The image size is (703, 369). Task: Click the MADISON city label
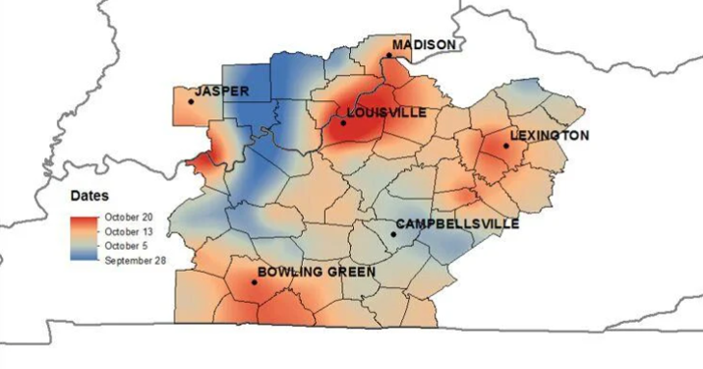pyautogui.click(x=424, y=45)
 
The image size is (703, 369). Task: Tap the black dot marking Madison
pyautogui.click(x=388, y=56)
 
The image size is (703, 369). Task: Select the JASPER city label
pyautogui.click(x=221, y=92)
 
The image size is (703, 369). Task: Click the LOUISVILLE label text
pyautogui.click(x=386, y=113)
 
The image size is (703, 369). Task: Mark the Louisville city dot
pyautogui.click(x=343, y=123)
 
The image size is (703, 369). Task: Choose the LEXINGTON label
pyautogui.click(x=550, y=135)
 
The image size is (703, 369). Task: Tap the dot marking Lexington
pyautogui.click(x=506, y=146)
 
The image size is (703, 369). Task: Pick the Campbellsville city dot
pyautogui.click(x=393, y=234)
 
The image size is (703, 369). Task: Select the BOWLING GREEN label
pyautogui.click(x=316, y=271)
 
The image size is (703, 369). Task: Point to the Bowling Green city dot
pyautogui.click(x=255, y=282)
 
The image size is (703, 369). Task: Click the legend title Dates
pyautogui.click(x=89, y=195)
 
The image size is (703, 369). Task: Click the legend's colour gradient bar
pyautogui.click(x=86, y=237)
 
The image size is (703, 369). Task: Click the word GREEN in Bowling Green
pyautogui.click(x=349, y=271)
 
